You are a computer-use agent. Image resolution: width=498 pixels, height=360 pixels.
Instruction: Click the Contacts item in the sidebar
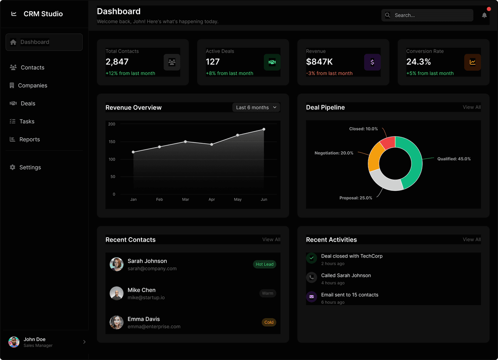(x=32, y=67)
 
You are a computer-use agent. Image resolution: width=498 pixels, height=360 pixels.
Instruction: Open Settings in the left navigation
(x=30, y=167)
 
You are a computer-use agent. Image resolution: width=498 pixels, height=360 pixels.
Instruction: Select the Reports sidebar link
(x=29, y=139)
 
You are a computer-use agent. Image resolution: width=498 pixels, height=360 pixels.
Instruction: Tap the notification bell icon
(x=484, y=15)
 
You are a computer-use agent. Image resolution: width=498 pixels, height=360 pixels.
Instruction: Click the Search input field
(x=428, y=15)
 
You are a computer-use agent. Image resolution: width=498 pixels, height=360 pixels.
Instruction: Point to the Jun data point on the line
(x=264, y=129)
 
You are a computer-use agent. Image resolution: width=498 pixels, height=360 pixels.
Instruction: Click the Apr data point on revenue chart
(x=212, y=144)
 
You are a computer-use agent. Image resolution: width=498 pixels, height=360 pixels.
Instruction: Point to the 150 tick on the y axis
(x=112, y=142)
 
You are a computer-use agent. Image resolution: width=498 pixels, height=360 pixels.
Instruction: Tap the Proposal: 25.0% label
(x=356, y=198)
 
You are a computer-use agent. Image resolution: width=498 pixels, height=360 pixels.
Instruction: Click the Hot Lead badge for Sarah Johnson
(x=264, y=265)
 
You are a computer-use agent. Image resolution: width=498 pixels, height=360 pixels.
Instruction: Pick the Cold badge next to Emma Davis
(x=269, y=322)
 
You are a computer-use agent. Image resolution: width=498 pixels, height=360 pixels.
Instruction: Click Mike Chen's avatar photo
(x=117, y=293)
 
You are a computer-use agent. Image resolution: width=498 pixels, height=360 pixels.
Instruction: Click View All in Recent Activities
(x=471, y=239)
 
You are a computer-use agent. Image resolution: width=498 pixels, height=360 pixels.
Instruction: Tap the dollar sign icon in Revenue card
(x=372, y=62)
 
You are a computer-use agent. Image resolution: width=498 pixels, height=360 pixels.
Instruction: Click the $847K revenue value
(x=320, y=62)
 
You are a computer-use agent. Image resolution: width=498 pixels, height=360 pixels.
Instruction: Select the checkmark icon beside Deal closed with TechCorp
(x=312, y=258)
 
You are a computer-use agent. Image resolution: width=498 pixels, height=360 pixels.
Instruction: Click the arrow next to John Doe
(x=84, y=342)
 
